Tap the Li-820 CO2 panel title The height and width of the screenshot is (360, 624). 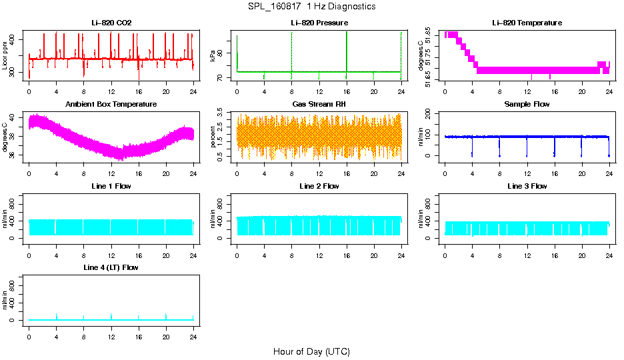(x=111, y=23)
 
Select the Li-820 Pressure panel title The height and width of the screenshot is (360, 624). (x=319, y=23)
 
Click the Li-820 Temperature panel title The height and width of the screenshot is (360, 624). (x=527, y=23)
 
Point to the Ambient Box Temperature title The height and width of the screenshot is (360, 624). (x=111, y=105)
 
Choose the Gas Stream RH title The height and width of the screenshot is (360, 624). (x=319, y=105)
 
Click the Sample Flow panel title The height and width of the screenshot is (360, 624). (x=527, y=105)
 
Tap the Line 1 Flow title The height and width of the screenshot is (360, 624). (x=111, y=186)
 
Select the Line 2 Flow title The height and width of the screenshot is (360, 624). (x=319, y=186)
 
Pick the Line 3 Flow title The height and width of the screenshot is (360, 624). (x=527, y=186)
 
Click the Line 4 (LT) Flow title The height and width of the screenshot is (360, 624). (x=111, y=267)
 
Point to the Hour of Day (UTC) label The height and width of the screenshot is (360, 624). (x=311, y=351)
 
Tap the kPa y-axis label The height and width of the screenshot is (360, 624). (x=213, y=56)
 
